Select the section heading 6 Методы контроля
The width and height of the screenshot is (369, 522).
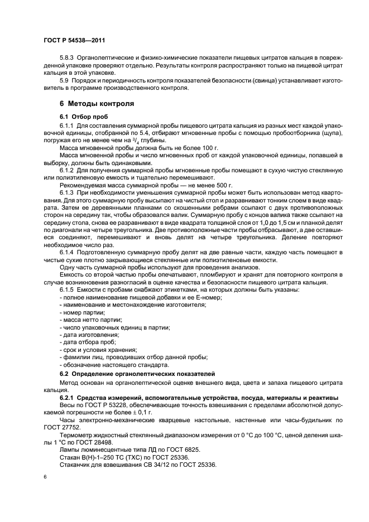pyautogui.click(x=97, y=104)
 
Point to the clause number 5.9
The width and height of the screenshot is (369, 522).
pyautogui.click(x=64, y=80)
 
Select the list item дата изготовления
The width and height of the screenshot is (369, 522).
pyautogui.click(x=87, y=335)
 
